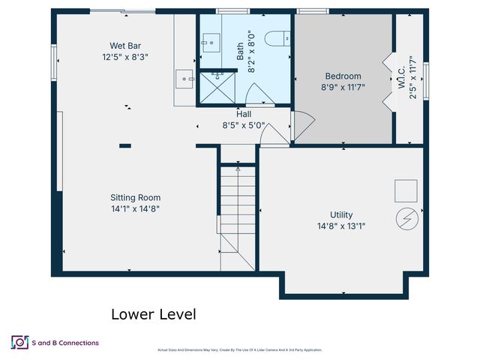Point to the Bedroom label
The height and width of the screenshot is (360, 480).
(343, 76)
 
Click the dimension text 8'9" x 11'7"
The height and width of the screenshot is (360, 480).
(343, 87)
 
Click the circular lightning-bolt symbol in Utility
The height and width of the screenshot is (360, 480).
(406, 217)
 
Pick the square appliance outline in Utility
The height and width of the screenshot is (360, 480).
(406, 190)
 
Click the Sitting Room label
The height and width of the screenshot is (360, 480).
(135, 198)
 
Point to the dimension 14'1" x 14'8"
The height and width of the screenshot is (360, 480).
(135, 209)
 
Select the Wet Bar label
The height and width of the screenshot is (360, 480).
(126, 44)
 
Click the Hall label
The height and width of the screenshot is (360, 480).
(244, 115)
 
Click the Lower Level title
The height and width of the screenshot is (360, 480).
(154, 314)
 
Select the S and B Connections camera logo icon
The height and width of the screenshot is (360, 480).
(19, 343)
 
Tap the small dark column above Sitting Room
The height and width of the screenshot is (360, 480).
(125, 145)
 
